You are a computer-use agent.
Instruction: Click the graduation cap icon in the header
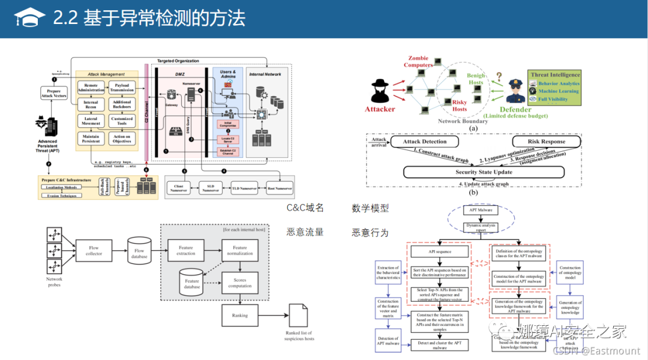pos(29,17)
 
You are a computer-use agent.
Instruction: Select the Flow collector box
pos(94,250)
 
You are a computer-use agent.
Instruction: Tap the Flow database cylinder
pos(139,253)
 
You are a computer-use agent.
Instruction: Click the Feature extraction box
pos(186,250)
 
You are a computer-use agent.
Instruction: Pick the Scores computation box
pos(239,283)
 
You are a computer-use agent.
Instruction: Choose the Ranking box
pos(239,315)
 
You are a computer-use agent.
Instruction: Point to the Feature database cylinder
pos(192,283)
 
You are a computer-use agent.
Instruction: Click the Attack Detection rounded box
pos(425,142)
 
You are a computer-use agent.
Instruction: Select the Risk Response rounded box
pos(546,142)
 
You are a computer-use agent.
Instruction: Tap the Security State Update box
pos(483,172)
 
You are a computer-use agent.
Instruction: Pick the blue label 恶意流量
pos(305,232)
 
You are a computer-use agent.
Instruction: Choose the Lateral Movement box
pos(91,121)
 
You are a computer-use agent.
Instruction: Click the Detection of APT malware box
pos(388,340)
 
